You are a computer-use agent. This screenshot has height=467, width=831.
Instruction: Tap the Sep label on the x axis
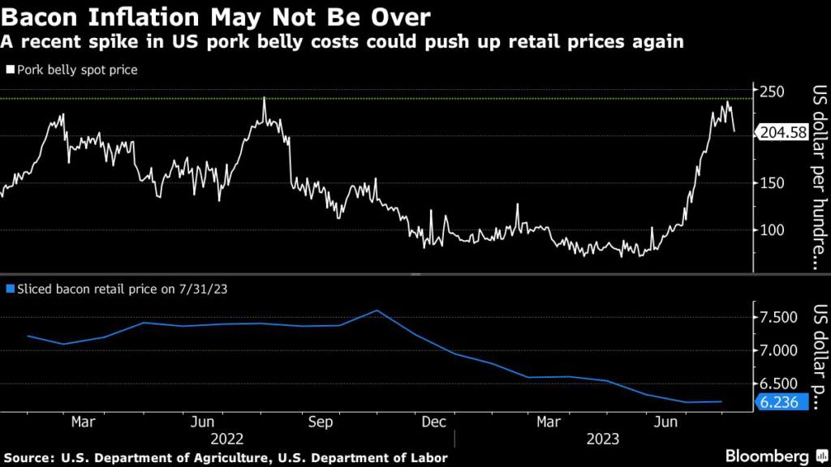319,422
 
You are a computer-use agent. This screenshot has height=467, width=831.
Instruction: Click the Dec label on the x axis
435,422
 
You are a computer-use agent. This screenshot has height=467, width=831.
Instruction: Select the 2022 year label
226,439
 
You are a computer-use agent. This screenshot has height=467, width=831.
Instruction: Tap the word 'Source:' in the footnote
30,458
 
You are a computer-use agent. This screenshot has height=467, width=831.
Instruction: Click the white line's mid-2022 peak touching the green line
265,99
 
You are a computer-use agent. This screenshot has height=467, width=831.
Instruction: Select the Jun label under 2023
666,422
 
